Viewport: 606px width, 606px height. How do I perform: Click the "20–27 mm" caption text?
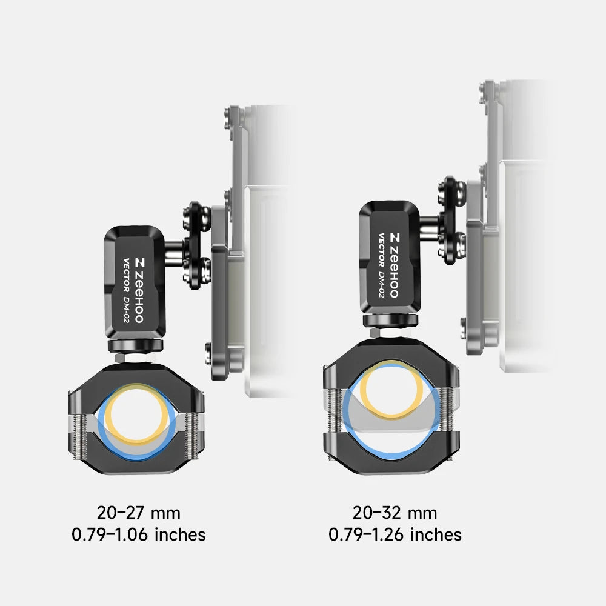139,513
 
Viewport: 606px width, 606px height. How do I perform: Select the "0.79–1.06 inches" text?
139,534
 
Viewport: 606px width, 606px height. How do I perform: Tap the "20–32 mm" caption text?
395,513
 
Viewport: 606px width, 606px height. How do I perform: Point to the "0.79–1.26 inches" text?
395,534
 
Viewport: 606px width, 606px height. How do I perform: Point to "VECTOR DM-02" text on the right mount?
381,265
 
